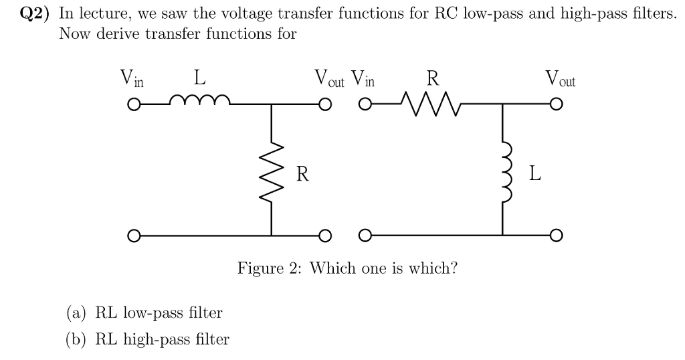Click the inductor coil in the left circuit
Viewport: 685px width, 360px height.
(x=201, y=102)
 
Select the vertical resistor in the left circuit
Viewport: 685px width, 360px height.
(x=272, y=173)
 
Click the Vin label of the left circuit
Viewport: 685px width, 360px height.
(x=131, y=80)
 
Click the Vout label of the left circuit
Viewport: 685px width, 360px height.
(x=329, y=80)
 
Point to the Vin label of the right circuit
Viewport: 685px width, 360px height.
(x=363, y=80)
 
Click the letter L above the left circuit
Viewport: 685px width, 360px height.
(x=199, y=78)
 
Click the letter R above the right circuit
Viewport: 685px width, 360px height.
(x=433, y=78)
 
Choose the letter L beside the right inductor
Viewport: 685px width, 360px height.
(x=533, y=175)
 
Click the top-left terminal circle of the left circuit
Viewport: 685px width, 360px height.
(x=134, y=105)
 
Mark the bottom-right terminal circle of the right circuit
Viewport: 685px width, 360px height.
(x=555, y=236)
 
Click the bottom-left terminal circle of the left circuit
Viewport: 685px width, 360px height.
(x=134, y=236)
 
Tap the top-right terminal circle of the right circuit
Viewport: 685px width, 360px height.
(x=555, y=105)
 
